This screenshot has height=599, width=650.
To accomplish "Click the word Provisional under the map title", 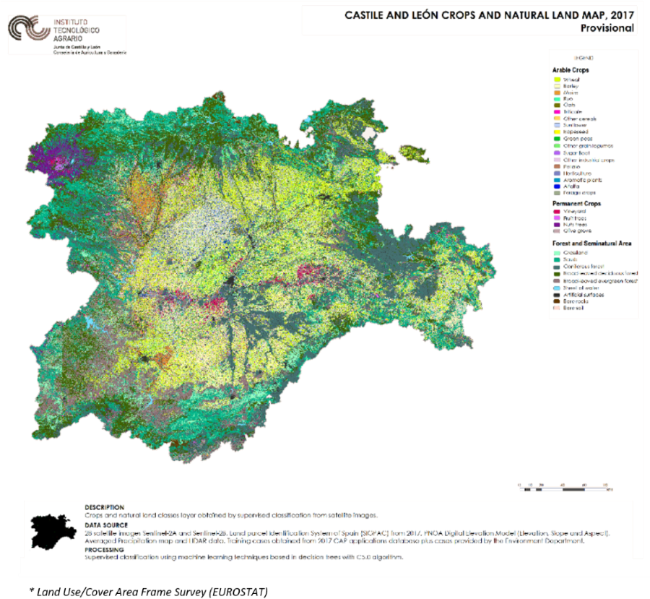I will pyautogui.click(x=607, y=28).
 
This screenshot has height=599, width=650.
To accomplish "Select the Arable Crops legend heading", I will pyautogui.click(x=571, y=70).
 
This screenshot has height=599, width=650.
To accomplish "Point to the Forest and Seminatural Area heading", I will pyautogui.click(x=592, y=244).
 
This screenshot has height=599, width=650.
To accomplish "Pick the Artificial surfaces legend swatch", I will pyautogui.click(x=557, y=293).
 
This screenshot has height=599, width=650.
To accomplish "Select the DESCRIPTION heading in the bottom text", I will pyautogui.click(x=104, y=507).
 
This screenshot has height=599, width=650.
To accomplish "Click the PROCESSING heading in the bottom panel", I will pyautogui.click(x=105, y=550).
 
